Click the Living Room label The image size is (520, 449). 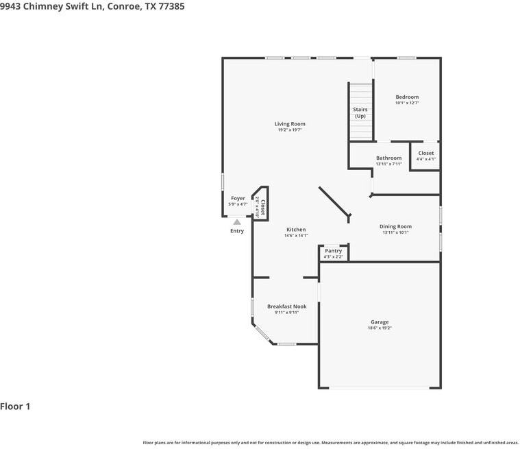pyautogui.click(x=290, y=124)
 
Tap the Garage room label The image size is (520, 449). pyautogui.click(x=380, y=322)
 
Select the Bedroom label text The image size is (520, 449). pyautogui.click(x=407, y=97)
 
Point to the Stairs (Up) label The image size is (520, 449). pyautogui.click(x=360, y=112)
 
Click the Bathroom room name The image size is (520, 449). pyautogui.click(x=388, y=158)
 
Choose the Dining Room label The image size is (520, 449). pyautogui.click(x=395, y=226)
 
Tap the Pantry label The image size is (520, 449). pyautogui.click(x=334, y=251)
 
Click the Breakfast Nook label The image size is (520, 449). pyautogui.click(x=286, y=306)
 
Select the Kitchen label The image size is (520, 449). pyautogui.click(x=296, y=230)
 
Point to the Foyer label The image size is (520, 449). pyautogui.click(x=238, y=198)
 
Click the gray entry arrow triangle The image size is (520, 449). pyautogui.click(x=237, y=221)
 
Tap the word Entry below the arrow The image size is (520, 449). pyautogui.click(x=237, y=231)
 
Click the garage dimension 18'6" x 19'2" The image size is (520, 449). pyautogui.click(x=380, y=328)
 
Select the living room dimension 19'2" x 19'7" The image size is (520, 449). pyautogui.click(x=290, y=130)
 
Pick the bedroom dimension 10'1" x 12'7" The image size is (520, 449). pyautogui.click(x=407, y=104)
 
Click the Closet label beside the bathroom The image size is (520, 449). pyautogui.click(x=425, y=154)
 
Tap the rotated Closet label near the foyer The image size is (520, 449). pyautogui.click(x=262, y=208)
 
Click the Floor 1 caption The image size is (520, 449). pyautogui.click(x=15, y=406)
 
